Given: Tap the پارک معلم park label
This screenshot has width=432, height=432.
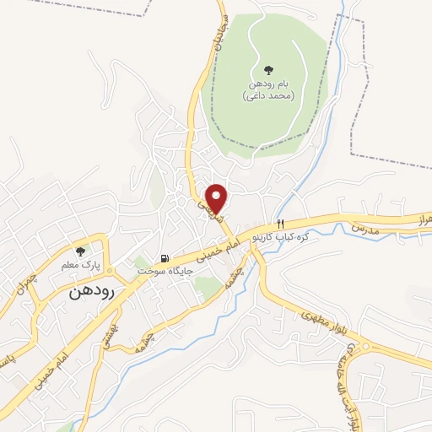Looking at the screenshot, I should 81,265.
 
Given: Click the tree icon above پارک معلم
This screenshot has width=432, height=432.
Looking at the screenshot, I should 81,251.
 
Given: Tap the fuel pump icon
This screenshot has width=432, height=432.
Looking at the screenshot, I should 165,258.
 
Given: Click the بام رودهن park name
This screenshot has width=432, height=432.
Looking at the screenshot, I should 268,84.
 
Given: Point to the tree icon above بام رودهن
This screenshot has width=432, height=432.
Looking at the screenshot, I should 268,70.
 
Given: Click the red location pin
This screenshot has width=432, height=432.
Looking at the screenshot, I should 218,198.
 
